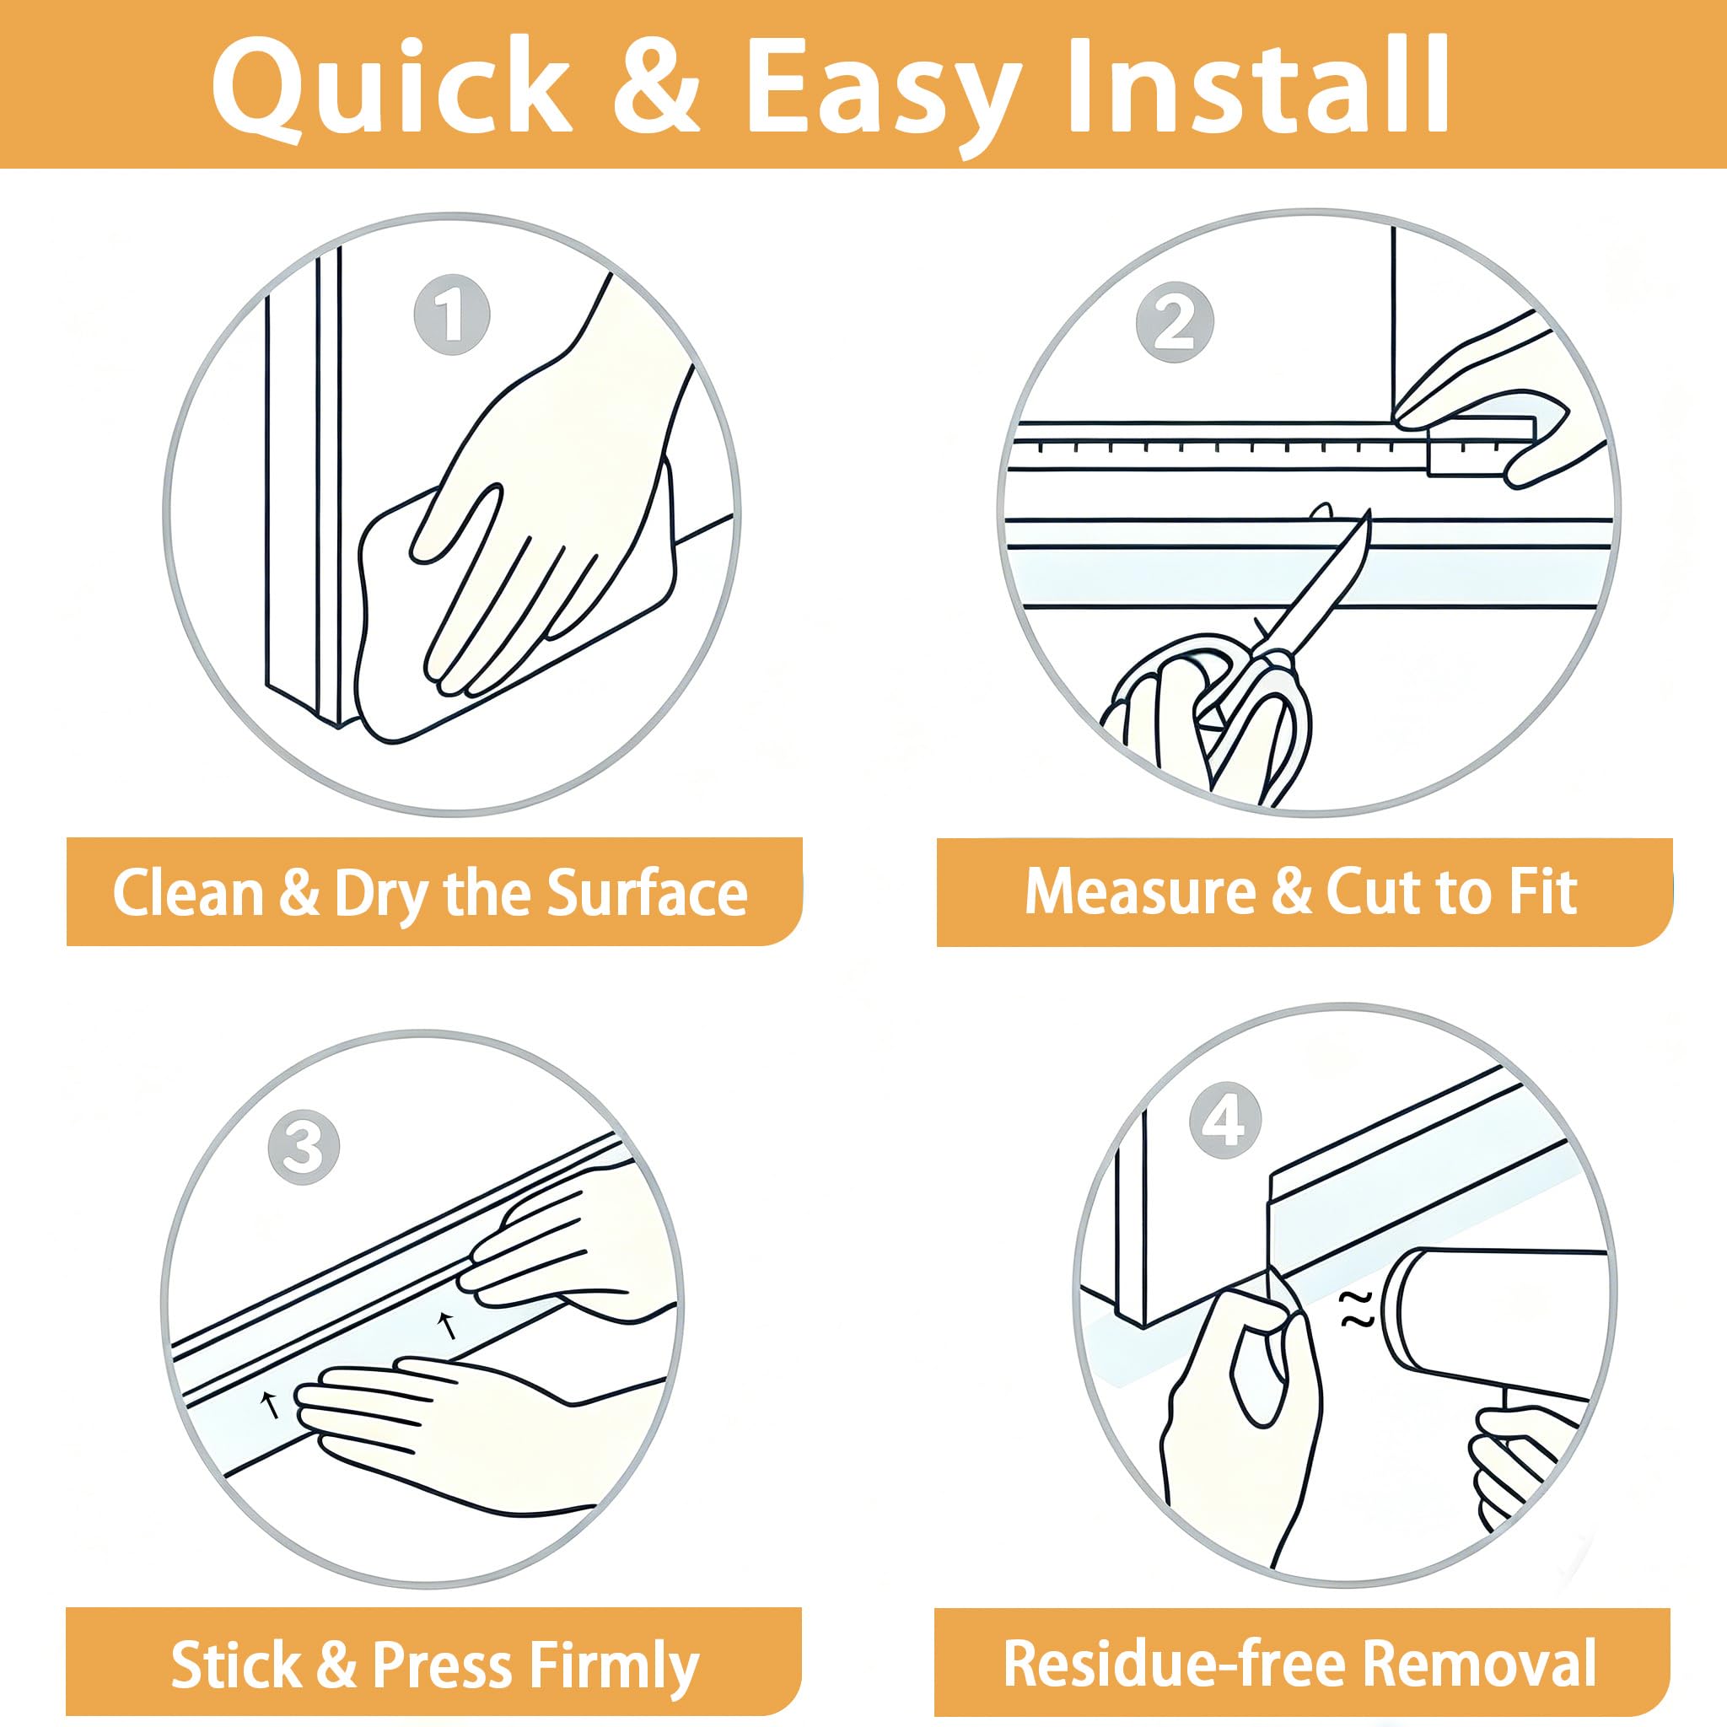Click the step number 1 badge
(x=451, y=314)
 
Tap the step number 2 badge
(x=1175, y=322)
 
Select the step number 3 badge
(x=304, y=1147)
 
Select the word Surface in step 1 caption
(x=646, y=893)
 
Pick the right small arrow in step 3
(x=448, y=1325)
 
